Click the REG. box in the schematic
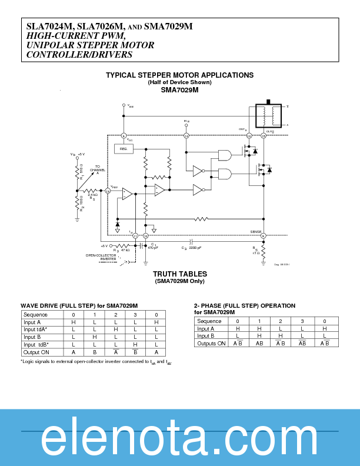pyautogui.click(x=124, y=149)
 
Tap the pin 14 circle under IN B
pyautogui.click(x=186, y=136)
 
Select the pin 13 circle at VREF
pyautogui.click(x=108, y=191)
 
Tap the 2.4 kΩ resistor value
pyautogui.click(x=92, y=195)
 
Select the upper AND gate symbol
pyautogui.click(x=225, y=155)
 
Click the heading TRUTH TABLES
pyautogui.click(x=179, y=274)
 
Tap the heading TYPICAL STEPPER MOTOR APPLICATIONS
pyautogui.click(x=179, y=75)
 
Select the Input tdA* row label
pyautogui.click(x=36, y=329)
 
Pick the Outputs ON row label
pyautogui.click(x=211, y=344)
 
